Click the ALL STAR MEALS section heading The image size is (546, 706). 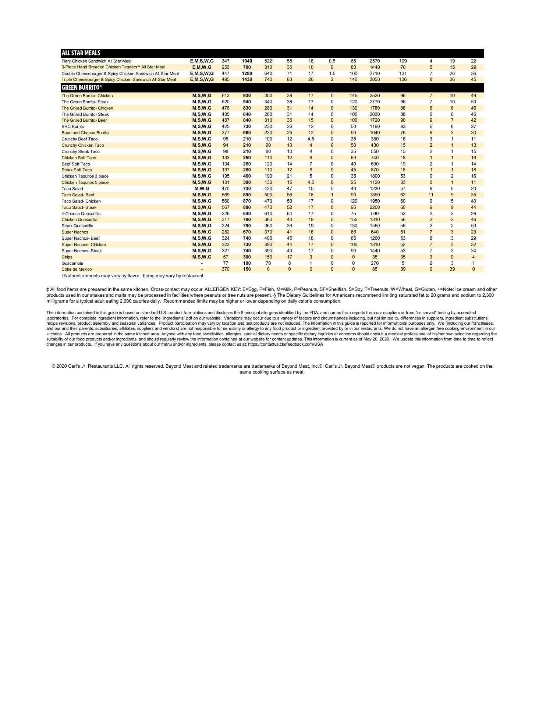tap(81, 53)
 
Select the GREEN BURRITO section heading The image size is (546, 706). tap(81, 88)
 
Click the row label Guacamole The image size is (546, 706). tap(72, 263)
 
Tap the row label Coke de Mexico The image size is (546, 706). tap(77, 269)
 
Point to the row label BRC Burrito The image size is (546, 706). tap(73, 126)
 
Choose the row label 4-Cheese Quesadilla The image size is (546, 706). tap(81, 214)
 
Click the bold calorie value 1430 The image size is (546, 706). tap(247, 79)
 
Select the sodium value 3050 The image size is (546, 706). tap(375, 79)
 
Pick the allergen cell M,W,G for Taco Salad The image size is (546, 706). tap(202, 189)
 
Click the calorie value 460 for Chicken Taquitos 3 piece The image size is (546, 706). tap(247, 176)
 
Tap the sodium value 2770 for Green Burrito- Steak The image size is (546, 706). tap(375, 102)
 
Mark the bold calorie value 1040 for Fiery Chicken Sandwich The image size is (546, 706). tap(247, 61)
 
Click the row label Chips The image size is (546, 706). tap(67, 257)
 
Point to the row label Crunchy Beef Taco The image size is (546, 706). tap(79, 139)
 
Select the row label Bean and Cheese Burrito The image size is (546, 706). tap(85, 133)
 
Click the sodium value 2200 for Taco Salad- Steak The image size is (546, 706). tap(375, 207)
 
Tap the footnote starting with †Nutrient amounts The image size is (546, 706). tap(133, 276)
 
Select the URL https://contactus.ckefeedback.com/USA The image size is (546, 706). tap(286, 344)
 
